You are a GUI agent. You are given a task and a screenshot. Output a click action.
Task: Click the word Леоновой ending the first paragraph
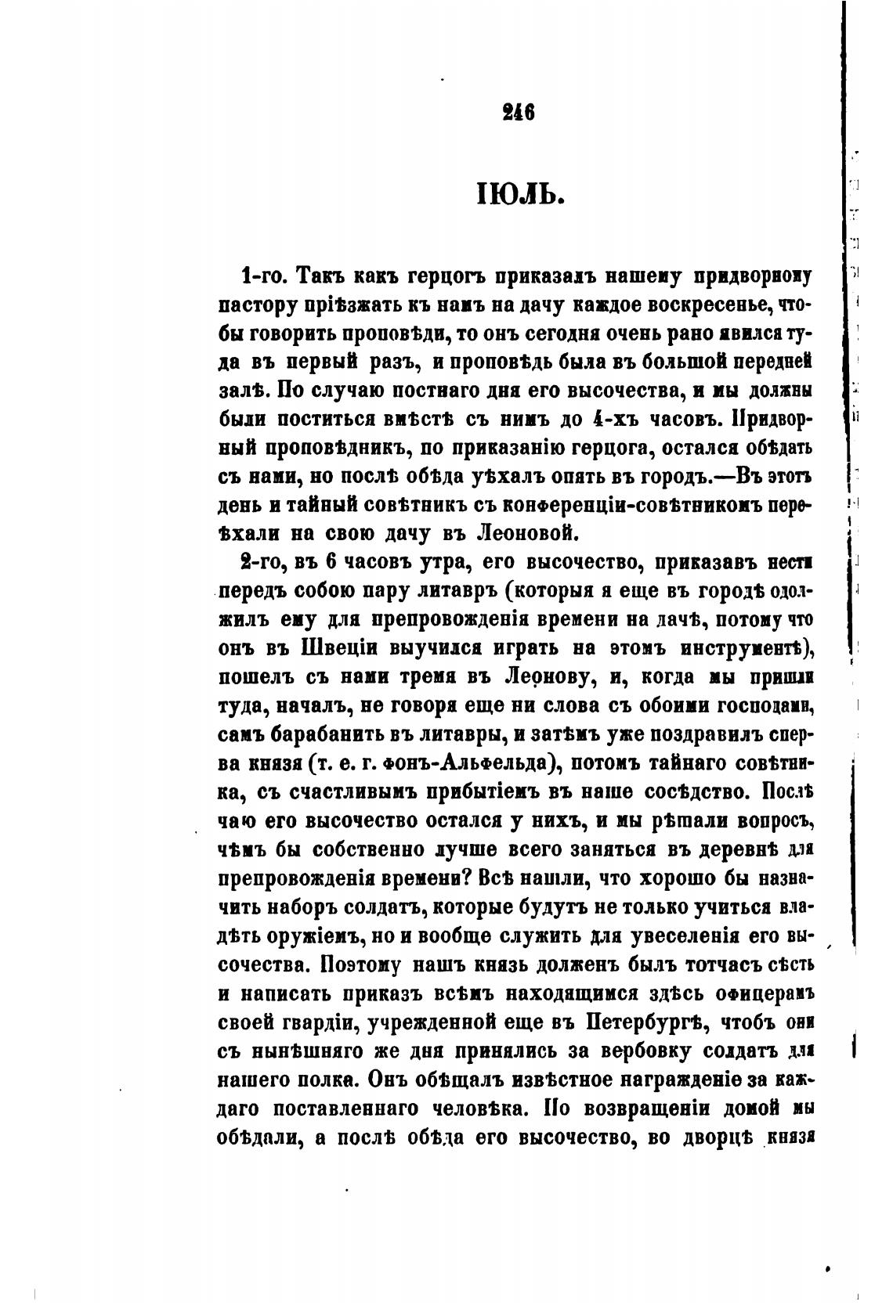pos(526,534)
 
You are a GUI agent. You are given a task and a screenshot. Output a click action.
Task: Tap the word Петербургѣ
pos(644,1022)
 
